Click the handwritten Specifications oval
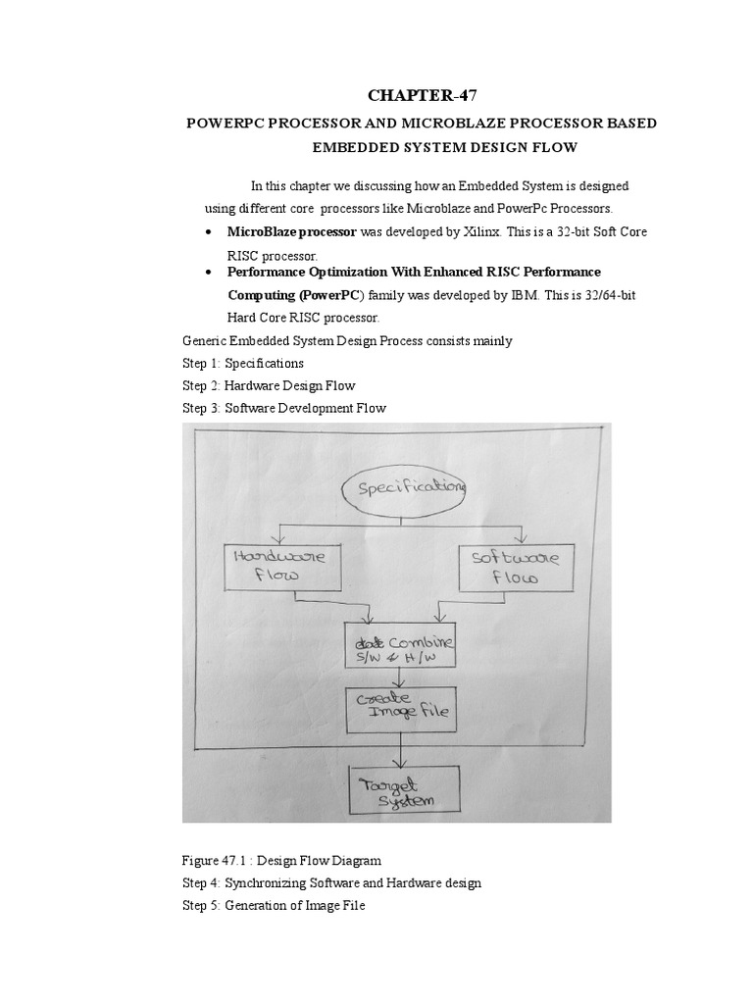click(x=404, y=487)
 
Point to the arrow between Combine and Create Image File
click(x=398, y=678)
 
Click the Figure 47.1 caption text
click(x=281, y=861)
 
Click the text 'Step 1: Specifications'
click(x=242, y=363)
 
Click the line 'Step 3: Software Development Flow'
click(x=284, y=408)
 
